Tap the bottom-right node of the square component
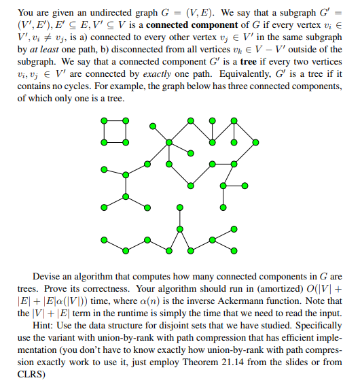(x=126, y=142)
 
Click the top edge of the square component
(x=115, y=120)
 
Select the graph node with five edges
(x=169, y=141)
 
